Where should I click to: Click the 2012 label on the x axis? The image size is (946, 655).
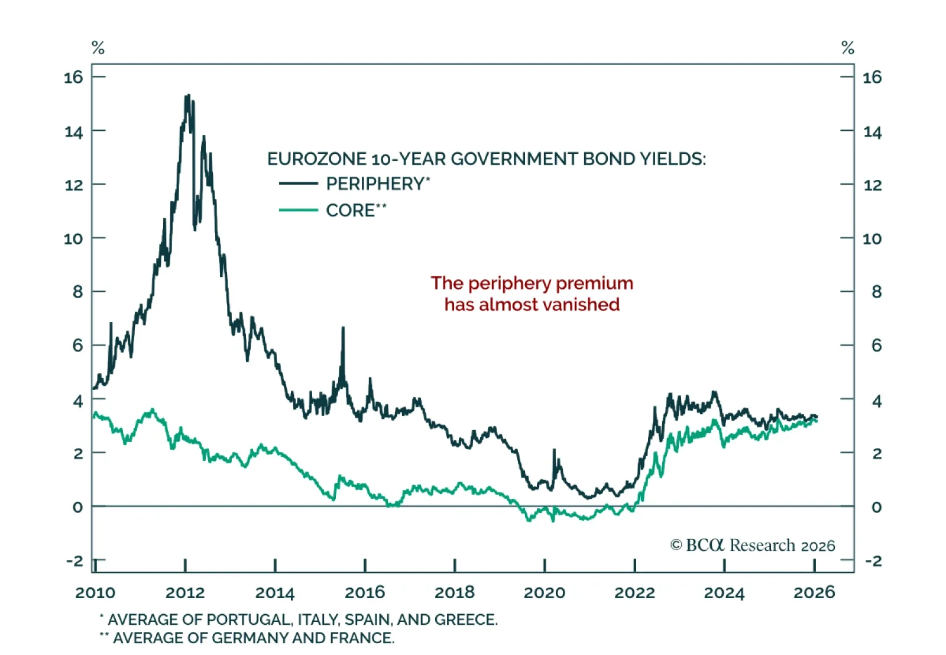pos(185,592)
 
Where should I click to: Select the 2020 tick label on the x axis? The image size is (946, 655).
pos(545,592)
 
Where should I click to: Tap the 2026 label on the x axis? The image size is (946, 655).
pos(814,592)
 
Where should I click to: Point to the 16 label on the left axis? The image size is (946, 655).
pos(73,77)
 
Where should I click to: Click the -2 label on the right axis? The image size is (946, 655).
pos(873,560)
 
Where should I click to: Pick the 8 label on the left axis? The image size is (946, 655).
pos(78,292)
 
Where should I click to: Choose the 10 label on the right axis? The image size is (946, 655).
pos(872,238)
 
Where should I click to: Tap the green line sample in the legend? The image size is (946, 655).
pos(299,210)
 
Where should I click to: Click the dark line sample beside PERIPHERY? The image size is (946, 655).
pos(299,183)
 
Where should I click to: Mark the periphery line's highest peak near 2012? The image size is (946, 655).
pos(187,95)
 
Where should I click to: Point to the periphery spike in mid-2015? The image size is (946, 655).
pos(343,328)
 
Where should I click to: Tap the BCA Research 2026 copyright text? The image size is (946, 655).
pos(753,545)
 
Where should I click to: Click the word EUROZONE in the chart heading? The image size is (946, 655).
pos(317,159)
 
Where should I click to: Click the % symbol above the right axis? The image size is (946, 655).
pos(847,48)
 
